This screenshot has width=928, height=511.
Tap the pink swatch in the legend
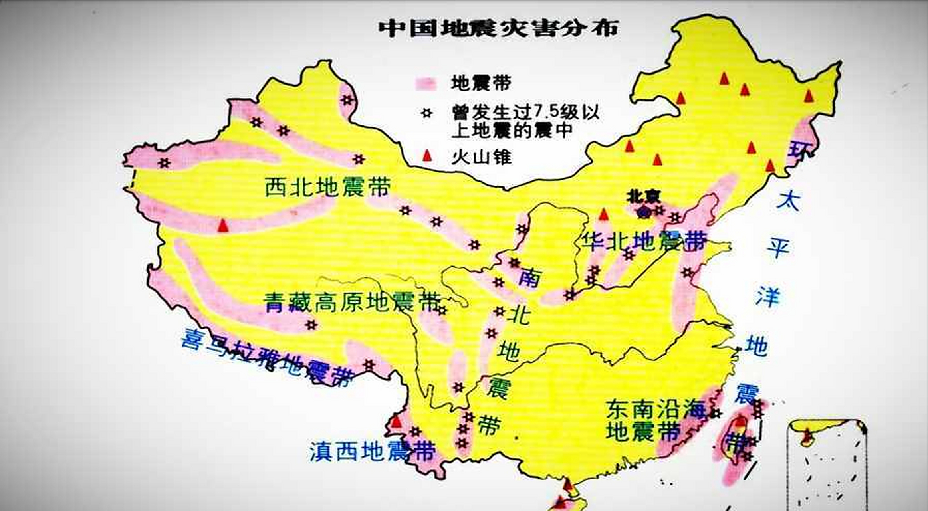click(426, 84)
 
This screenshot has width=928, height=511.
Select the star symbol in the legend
click(426, 113)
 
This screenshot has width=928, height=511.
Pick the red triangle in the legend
click(427, 156)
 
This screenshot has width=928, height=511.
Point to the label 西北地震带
click(327, 187)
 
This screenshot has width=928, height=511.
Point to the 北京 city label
click(643, 196)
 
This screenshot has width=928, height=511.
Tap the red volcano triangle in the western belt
click(223, 226)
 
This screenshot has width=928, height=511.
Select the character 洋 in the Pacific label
click(767, 297)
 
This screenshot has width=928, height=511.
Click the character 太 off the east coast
click(787, 202)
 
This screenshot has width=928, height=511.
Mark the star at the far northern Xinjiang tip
click(347, 100)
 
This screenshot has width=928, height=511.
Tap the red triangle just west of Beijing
click(604, 215)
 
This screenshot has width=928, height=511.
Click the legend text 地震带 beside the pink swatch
click(481, 83)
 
